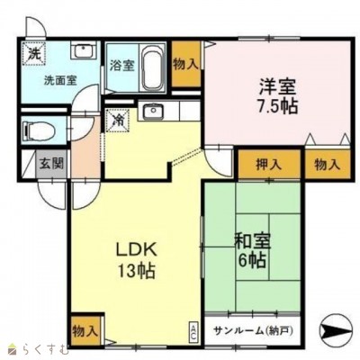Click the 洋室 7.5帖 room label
[x=277, y=96]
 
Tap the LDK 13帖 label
[x=137, y=260]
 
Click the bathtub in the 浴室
[x=152, y=67]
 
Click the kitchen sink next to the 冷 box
[x=153, y=111]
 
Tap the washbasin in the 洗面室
[x=84, y=50]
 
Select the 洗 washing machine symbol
[x=33, y=53]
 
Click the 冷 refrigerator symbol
[x=117, y=120]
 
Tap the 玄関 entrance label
[x=51, y=164]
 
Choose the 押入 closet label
[x=268, y=165]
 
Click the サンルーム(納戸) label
[x=253, y=330]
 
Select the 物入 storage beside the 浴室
[x=186, y=64]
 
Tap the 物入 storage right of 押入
[x=328, y=165]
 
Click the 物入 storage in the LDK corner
[x=85, y=331]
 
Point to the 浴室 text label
[x=121, y=66]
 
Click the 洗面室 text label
[x=60, y=80]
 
